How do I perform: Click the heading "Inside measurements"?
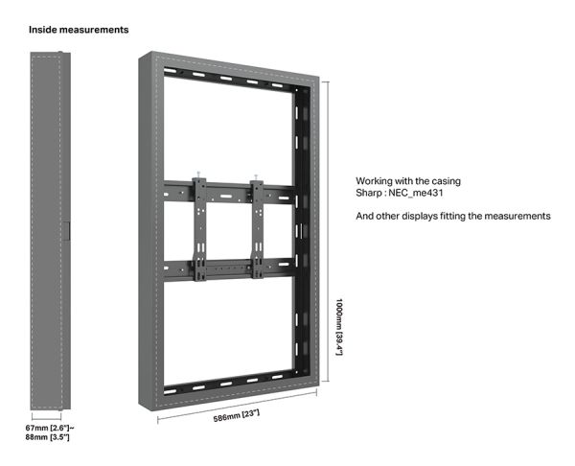[x=79, y=30]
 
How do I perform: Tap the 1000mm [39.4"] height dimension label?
[x=339, y=327]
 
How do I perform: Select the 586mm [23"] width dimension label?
[x=237, y=416]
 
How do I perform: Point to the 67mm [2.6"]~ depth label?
[x=50, y=428]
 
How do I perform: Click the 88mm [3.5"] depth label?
[x=47, y=437]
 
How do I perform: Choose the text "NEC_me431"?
[x=416, y=193]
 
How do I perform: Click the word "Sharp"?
[x=369, y=193]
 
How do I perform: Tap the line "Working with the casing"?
[x=408, y=181]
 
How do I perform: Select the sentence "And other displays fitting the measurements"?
[x=453, y=216]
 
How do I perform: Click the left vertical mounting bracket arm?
[x=200, y=229]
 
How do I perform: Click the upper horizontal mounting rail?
[x=229, y=193]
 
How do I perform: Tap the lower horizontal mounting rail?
[x=229, y=269]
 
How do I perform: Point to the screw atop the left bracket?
[x=198, y=174]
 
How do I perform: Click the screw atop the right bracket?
[x=256, y=176]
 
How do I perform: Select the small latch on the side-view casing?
[x=66, y=231]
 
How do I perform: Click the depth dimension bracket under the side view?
[x=47, y=417]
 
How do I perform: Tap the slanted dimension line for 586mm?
[x=237, y=407]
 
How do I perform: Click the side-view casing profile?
[x=50, y=231]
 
